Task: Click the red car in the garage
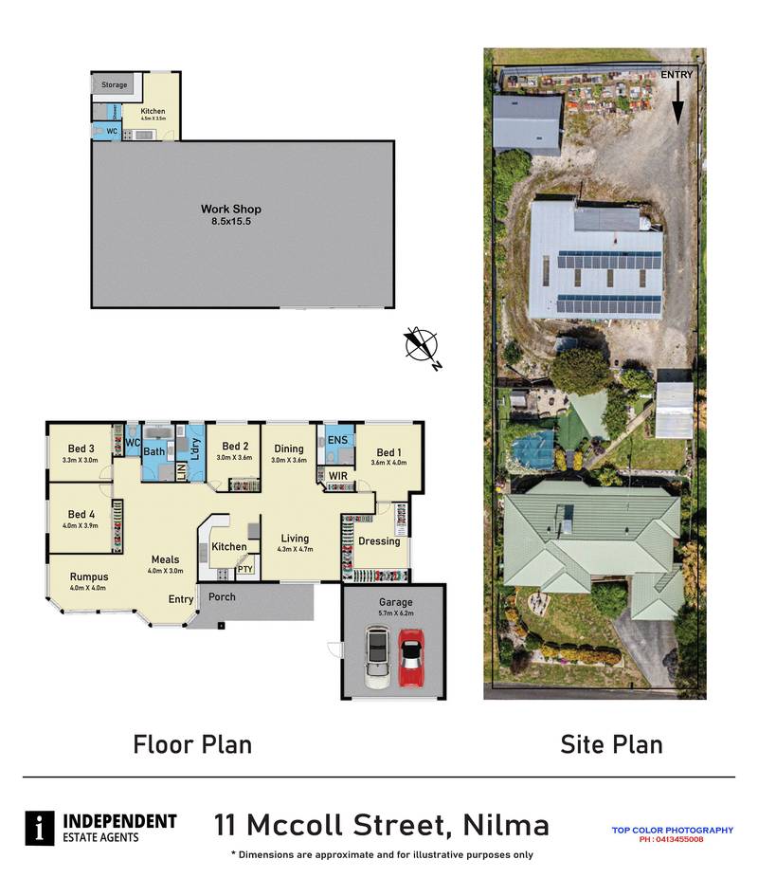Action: [x=410, y=657]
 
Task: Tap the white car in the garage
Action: [x=377, y=659]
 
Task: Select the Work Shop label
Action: [x=230, y=209]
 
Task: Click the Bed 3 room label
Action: [x=81, y=448]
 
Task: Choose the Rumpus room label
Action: [x=89, y=576]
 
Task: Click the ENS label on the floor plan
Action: [x=337, y=440]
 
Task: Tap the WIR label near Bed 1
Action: [x=338, y=475]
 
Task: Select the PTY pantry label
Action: [x=244, y=569]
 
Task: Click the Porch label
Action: [x=222, y=596]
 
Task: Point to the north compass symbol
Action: [x=422, y=345]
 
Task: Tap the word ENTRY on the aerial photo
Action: [x=677, y=74]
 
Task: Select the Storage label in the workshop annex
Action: [x=115, y=85]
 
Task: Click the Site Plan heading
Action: [x=611, y=744]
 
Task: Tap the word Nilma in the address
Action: [x=506, y=825]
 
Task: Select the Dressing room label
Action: [x=378, y=541]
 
